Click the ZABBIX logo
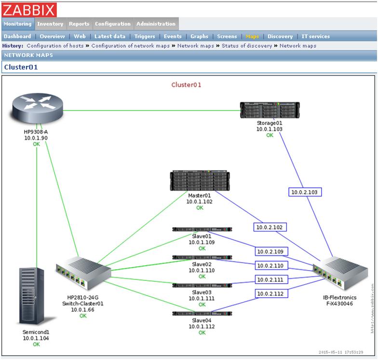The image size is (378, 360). point(29,10)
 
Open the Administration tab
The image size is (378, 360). point(156,24)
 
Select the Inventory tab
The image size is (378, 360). point(50,24)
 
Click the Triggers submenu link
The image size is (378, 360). point(145,36)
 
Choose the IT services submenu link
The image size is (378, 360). point(316,36)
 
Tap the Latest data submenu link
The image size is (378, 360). point(110,36)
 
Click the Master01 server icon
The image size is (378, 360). point(200,181)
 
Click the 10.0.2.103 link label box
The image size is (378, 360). point(305,192)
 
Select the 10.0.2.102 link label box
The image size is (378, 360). point(270,227)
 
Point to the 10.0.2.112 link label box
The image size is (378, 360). point(270,293)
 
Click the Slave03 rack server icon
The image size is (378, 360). point(202,285)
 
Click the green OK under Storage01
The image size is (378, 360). point(270,136)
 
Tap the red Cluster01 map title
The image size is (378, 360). point(187,85)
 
